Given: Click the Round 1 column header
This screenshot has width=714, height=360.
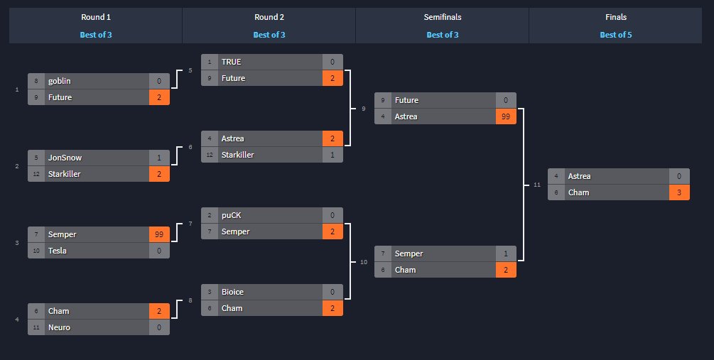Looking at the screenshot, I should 95,17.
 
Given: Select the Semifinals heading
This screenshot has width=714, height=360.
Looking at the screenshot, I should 442,17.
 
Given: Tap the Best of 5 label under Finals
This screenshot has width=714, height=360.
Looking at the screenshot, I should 615,34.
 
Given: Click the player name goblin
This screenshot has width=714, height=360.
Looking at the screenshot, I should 59,81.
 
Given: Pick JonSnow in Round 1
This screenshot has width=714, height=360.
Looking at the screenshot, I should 63,158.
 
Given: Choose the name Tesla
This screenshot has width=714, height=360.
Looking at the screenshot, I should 58,251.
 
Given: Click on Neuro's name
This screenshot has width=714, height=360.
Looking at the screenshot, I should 60,327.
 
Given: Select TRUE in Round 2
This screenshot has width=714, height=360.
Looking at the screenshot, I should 231,62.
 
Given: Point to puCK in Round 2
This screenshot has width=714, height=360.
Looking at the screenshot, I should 232,215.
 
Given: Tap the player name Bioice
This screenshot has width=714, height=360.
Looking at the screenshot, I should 233,292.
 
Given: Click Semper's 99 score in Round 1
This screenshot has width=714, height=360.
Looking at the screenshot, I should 159,234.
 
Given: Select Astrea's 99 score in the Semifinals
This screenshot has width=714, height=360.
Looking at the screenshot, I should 506,116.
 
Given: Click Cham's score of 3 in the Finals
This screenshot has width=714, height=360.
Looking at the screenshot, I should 679,192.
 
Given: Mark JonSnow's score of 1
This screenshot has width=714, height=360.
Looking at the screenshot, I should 159,158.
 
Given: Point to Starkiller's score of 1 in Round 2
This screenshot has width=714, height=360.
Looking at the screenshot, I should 332,155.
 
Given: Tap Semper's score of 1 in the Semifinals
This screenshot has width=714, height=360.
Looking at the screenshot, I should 506,253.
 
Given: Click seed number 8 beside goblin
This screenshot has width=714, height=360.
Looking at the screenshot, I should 36,81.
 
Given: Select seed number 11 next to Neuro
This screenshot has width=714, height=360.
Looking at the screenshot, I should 36,327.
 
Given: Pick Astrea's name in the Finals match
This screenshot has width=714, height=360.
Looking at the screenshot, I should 579,176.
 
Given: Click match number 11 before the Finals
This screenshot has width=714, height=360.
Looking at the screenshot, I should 537,185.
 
